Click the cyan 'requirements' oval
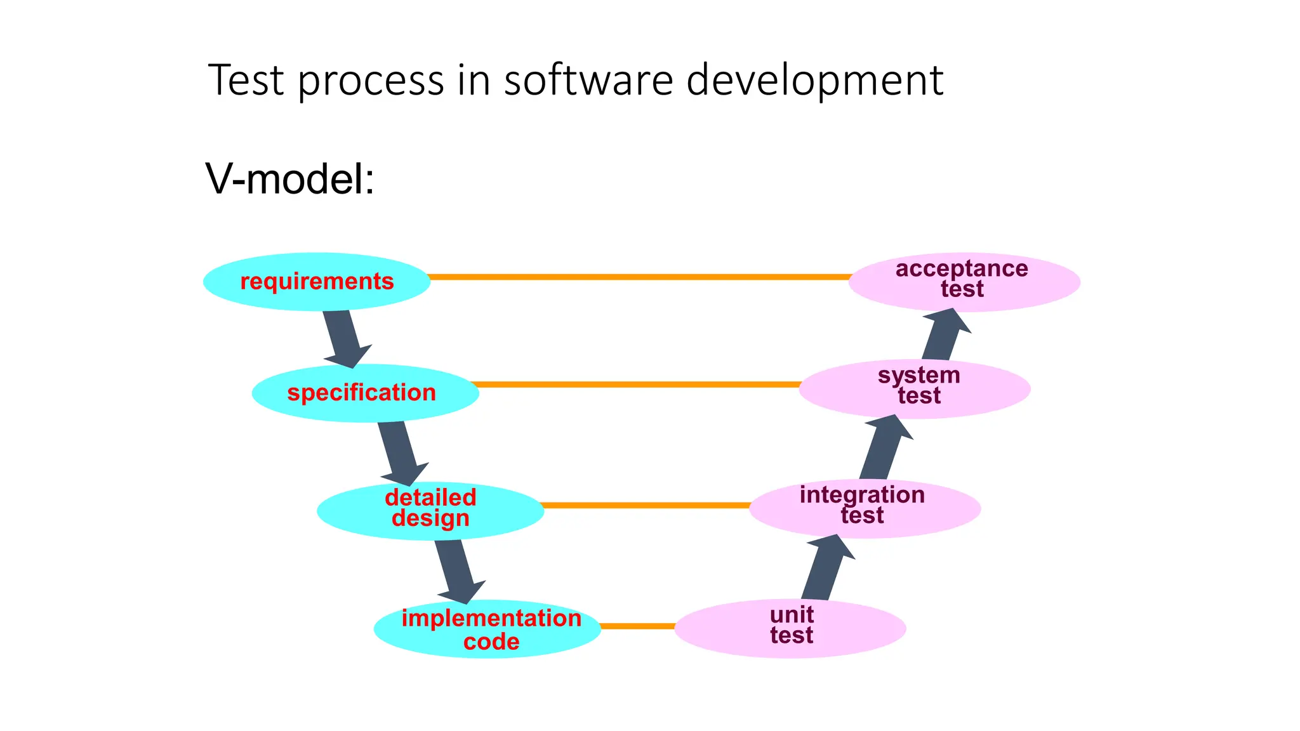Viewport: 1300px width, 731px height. click(x=316, y=282)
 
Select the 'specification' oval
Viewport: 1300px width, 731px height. click(x=364, y=393)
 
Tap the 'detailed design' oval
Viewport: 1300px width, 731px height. click(x=430, y=511)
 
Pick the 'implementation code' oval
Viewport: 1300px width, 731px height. click(x=487, y=629)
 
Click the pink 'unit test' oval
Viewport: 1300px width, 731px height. click(x=790, y=628)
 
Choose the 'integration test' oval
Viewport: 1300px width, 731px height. click(x=865, y=508)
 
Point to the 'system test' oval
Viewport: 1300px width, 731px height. click(x=914, y=388)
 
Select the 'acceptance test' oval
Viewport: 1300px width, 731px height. click(x=964, y=282)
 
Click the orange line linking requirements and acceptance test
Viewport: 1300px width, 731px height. click(x=639, y=277)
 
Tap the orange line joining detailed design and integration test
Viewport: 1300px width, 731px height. click(x=646, y=505)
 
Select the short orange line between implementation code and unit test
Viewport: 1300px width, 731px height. click(x=637, y=626)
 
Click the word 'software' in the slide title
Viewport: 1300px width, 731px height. click(x=588, y=80)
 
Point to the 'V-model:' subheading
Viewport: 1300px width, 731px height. click(x=290, y=179)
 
